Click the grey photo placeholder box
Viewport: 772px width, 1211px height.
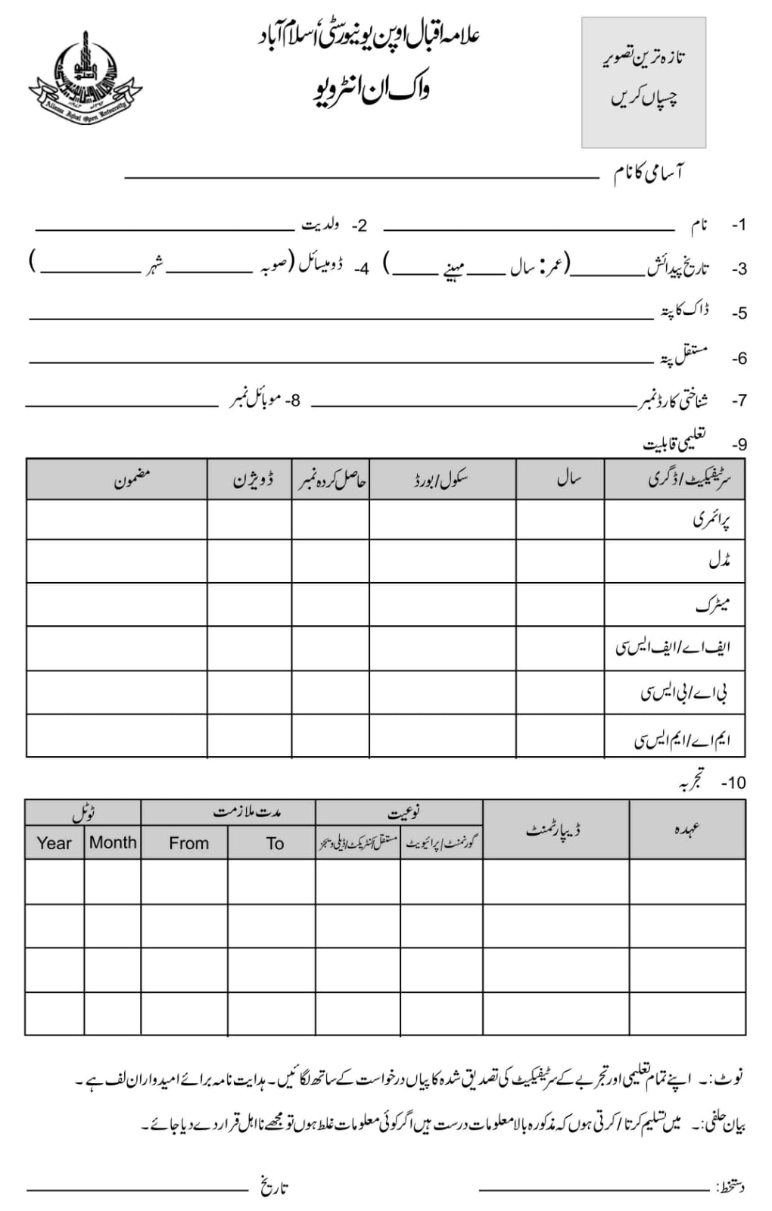[x=643, y=82]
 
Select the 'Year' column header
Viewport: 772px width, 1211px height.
[x=54, y=843]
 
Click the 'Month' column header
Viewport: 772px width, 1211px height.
[x=113, y=842]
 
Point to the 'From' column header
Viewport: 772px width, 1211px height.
[x=188, y=843]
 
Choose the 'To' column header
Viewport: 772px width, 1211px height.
[x=275, y=843]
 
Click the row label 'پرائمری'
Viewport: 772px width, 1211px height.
[x=711, y=520]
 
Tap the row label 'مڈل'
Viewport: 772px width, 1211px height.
[x=718, y=562]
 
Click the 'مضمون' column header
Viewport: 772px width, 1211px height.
[x=132, y=479]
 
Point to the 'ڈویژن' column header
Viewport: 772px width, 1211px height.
[x=253, y=480]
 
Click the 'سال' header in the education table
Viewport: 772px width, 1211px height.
[x=568, y=479]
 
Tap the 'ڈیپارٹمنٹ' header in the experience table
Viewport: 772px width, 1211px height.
[x=554, y=830]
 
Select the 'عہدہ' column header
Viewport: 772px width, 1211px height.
[x=686, y=830]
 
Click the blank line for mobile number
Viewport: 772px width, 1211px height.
[x=121, y=405]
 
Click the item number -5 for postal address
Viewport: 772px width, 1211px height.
[x=739, y=313]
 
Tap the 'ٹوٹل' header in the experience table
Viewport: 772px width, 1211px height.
[x=83, y=813]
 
